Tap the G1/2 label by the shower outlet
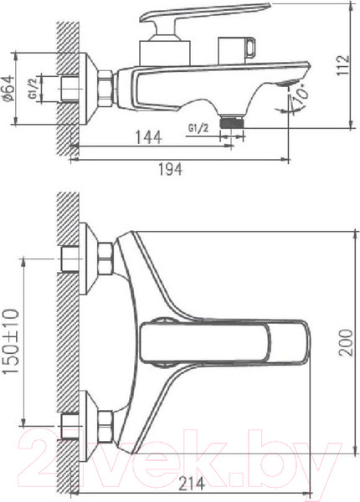pos(198,126)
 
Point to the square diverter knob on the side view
pos(236,49)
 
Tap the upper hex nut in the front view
pos(106,259)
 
